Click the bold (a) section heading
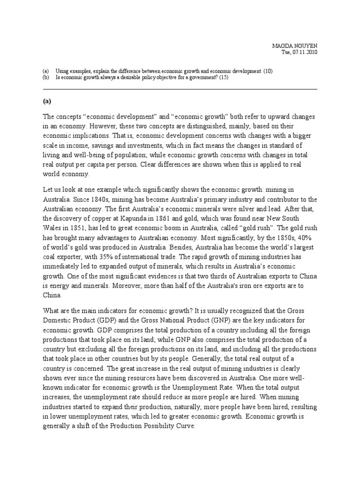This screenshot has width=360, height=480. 47,101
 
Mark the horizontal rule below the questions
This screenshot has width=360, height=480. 180,89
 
